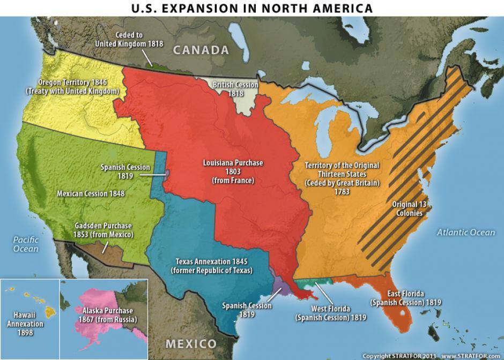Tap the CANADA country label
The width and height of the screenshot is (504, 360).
click(201, 50)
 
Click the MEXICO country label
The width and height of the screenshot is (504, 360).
click(190, 343)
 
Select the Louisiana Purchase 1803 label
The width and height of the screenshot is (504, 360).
click(233, 171)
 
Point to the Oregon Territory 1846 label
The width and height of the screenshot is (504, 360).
click(72, 87)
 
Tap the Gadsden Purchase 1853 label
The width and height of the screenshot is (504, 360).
click(103, 230)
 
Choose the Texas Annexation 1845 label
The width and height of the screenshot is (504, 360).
click(211, 266)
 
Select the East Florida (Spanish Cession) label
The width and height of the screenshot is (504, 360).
click(405, 298)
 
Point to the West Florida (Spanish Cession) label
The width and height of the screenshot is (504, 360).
click(331, 313)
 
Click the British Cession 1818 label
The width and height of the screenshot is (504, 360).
click(236, 89)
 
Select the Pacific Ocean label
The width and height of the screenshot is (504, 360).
click(26, 244)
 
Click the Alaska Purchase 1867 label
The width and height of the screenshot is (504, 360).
click(108, 315)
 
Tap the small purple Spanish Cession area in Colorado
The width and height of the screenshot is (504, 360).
click(167, 174)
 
